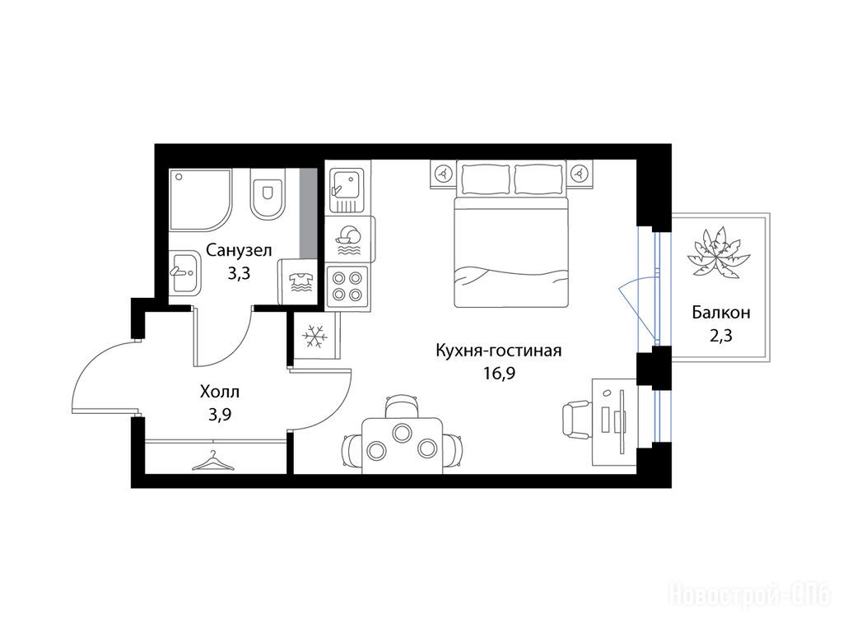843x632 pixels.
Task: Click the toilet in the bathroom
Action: pyautogui.click(x=267, y=193)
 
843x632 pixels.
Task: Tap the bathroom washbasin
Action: pyautogui.click(x=184, y=273)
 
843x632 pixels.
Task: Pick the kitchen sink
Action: pyautogui.click(x=347, y=190)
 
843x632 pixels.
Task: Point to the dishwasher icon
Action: pyautogui.click(x=349, y=240)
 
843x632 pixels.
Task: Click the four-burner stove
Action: pyautogui.click(x=347, y=286)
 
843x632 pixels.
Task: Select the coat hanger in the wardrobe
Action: pyautogui.click(x=213, y=461)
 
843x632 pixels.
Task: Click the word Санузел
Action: pyautogui.click(x=240, y=250)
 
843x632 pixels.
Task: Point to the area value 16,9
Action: pyautogui.click(x=499, y=373)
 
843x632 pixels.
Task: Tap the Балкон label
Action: pyautogui.click(x=721, y=312)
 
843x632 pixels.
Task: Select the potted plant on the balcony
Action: pyautogui.click(x=718, y=252)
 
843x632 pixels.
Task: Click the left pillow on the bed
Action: pyautogui.click(x=483, y=179)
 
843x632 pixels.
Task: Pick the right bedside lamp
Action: pyautogui.click(x=580, y=174)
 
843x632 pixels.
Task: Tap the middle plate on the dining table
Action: pyautogui.click(x=402, y=432)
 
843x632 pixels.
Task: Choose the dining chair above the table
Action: pyautogui.click(x=402, y=406)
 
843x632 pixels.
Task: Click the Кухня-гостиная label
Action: pyautogui.click(x=498, y=351)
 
